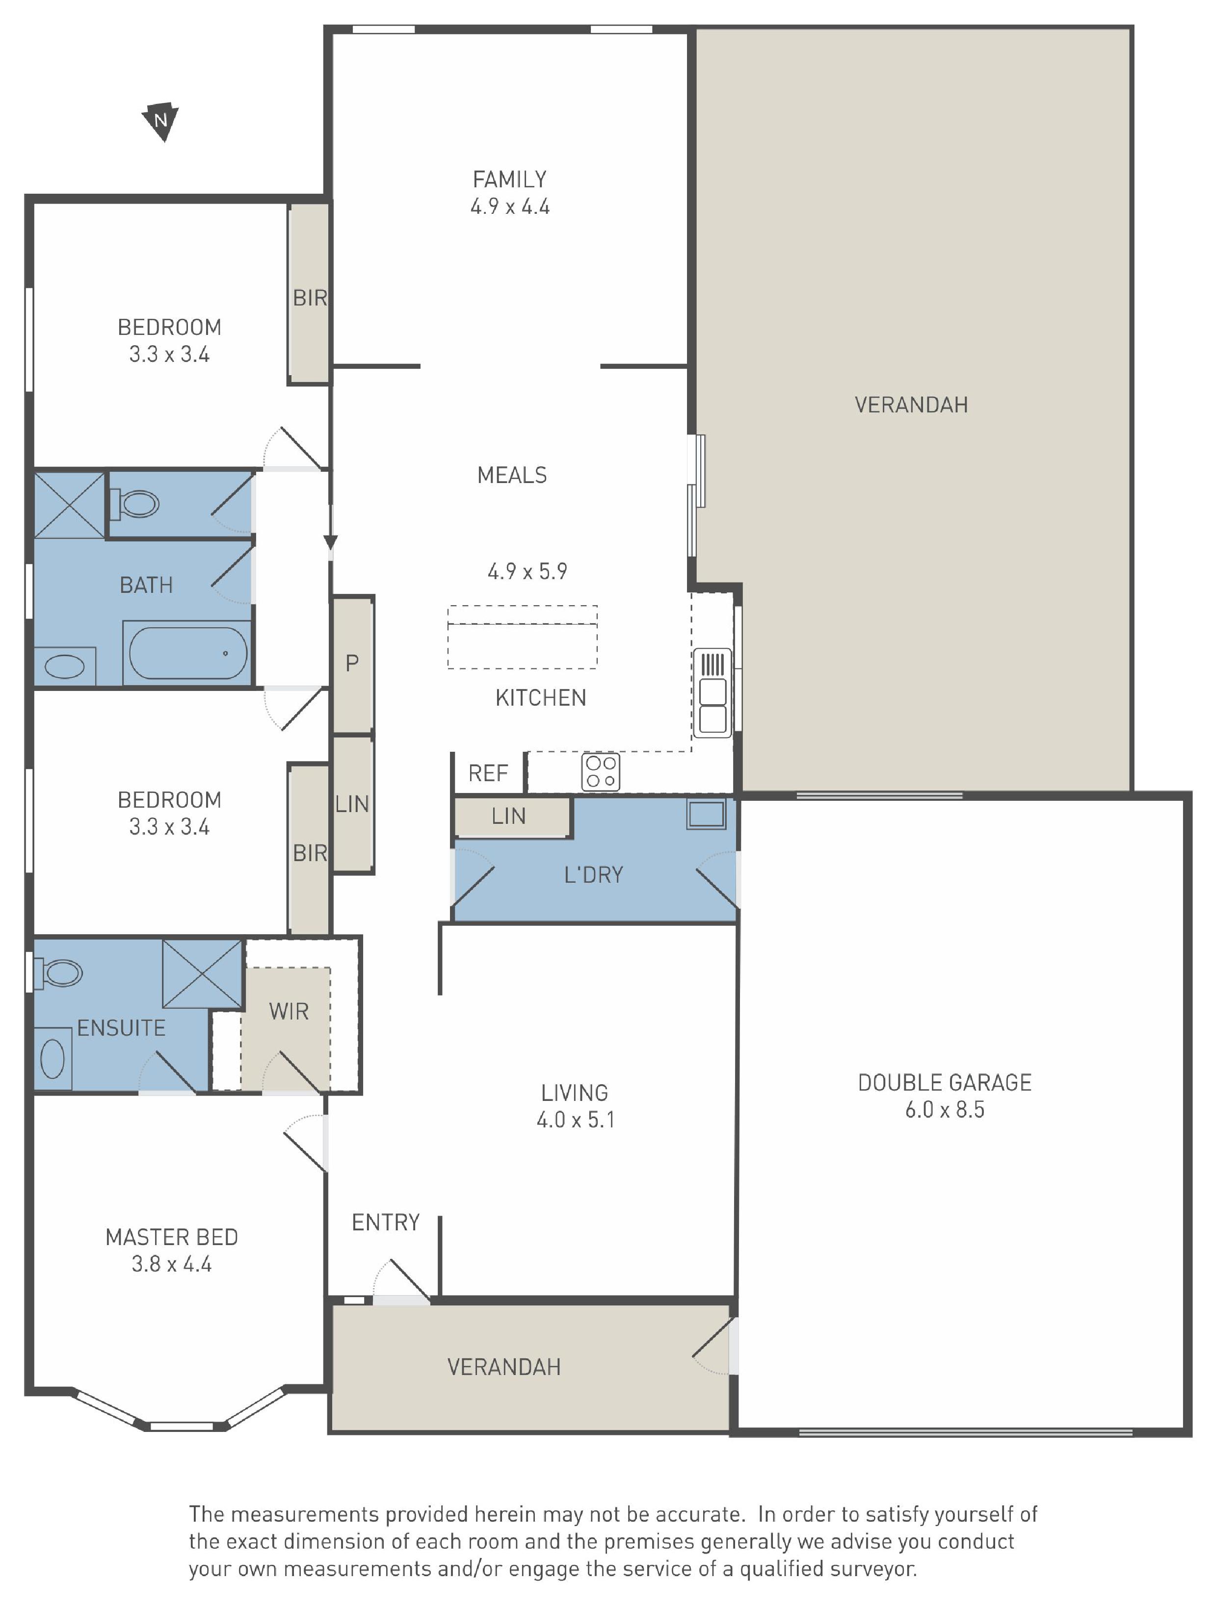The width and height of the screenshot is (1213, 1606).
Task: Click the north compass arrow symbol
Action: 160,121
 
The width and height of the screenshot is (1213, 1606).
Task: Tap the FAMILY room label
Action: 509,179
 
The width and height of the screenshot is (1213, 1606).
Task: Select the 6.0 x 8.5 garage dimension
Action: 944,1110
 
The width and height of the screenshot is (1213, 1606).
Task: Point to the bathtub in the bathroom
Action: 188,653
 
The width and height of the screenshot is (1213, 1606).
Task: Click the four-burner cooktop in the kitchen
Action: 601,772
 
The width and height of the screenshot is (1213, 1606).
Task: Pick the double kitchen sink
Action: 712,692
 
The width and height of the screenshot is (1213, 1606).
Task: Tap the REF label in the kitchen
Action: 488,773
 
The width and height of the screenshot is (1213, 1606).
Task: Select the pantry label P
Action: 352,663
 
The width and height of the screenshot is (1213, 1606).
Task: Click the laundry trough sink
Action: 706,814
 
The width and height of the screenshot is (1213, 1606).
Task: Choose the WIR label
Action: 289,1011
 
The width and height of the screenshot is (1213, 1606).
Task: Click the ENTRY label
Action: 386,1223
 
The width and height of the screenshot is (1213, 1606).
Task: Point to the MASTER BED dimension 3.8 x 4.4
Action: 171,1264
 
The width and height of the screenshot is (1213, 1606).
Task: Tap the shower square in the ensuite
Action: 202,973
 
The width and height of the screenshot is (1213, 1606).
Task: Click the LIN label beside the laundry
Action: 508,816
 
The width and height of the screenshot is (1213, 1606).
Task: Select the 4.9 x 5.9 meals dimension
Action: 527,571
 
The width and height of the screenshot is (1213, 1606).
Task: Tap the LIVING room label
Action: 575,1093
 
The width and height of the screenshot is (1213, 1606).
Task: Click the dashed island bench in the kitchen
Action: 522,637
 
